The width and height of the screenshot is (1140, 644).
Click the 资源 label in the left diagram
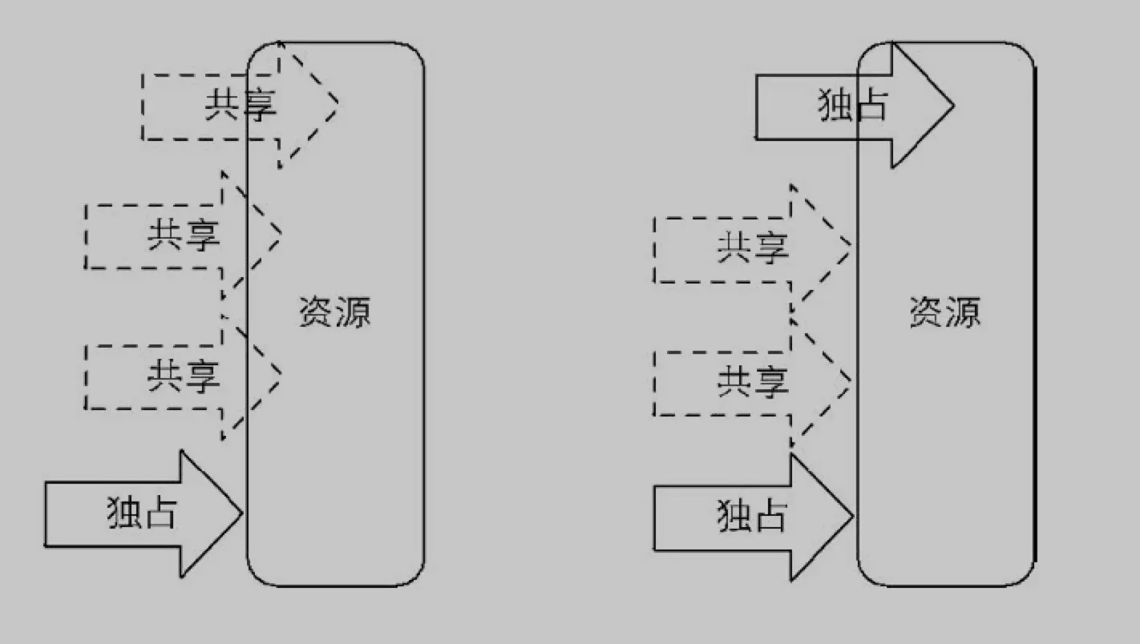click(x=335, y=312)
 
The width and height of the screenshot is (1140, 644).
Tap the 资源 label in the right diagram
click(x=945, y=312)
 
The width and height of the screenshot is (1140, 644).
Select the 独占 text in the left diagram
click(x=141, y=513)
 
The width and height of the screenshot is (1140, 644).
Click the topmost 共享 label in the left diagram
click(x=240, y=105)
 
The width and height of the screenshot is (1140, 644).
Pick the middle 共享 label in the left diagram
click(x=183, y=235)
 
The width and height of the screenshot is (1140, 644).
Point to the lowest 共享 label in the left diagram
click(x=183, y=376)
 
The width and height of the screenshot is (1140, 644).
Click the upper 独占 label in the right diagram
click(x=852, y=105)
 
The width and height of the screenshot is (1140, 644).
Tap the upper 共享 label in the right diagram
click(x=752, y=248)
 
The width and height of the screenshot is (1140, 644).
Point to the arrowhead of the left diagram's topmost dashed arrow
click(x=308, y=104)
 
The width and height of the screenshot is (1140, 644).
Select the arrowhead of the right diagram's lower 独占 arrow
click(x=821, y=517)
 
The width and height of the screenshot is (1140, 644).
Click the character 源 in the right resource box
click(x=962, y=312)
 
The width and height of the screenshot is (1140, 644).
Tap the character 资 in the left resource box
click(x=317, y=312)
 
